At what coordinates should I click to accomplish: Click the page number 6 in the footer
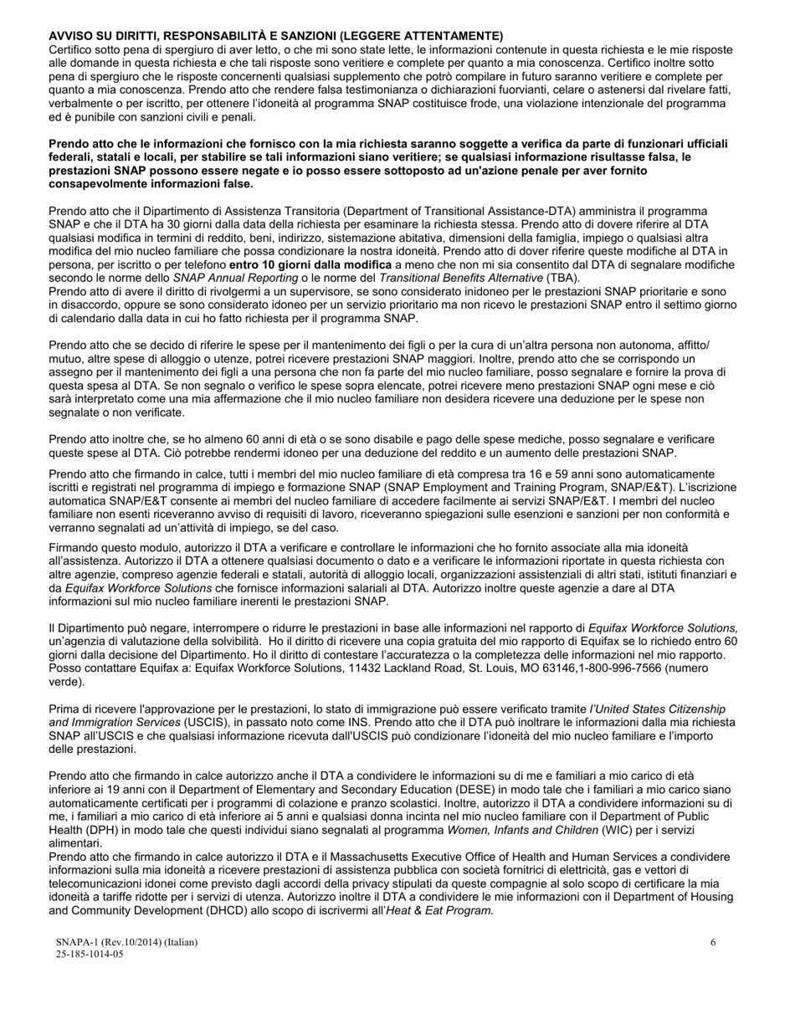point(713,942)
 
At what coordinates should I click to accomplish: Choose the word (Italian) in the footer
point(180,942)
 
